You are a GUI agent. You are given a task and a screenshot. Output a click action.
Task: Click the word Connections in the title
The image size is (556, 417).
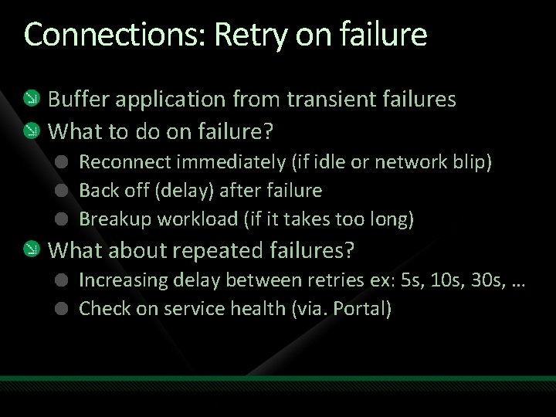click(114, 35)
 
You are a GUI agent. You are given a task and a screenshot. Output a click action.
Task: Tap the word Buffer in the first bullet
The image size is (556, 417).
click(78, 100)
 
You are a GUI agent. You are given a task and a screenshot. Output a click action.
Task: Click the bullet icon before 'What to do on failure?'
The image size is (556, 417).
click(29, 131)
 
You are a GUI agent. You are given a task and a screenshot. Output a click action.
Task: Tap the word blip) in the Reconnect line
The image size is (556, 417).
click(472, 162)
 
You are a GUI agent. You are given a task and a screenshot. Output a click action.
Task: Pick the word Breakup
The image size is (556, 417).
click(115, 219)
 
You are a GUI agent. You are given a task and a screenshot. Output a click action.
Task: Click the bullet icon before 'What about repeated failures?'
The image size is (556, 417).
click(29, 249)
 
